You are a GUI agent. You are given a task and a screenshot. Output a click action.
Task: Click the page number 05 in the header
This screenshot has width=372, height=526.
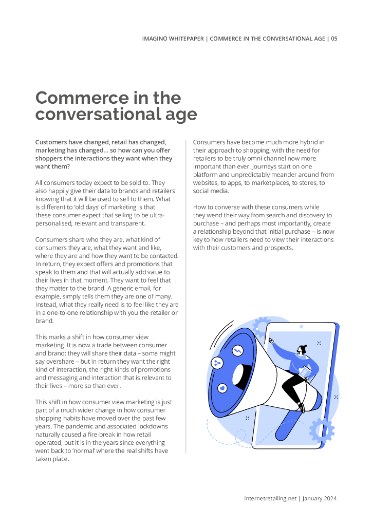pos(334,39)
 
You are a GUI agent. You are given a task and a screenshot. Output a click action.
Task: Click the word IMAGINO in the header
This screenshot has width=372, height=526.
pos(157,39)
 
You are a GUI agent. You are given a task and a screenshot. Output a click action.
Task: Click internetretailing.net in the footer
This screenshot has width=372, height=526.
pos(270,498)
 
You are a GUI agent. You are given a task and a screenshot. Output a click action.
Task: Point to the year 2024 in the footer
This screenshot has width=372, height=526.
pos(329,498)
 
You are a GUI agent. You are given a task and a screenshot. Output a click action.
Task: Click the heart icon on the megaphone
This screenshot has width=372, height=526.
pos(222,389)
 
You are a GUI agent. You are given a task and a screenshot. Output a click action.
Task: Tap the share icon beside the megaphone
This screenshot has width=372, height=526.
pos(217,363)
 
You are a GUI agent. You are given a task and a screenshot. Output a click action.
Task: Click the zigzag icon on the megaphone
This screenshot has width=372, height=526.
pos(237,351)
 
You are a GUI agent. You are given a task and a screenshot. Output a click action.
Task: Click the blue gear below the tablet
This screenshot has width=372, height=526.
pos(322,430)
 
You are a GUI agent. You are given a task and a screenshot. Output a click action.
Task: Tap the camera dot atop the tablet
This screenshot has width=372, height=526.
pos(301,327)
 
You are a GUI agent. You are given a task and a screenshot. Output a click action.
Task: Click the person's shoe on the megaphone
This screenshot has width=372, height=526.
pos(302,408)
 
